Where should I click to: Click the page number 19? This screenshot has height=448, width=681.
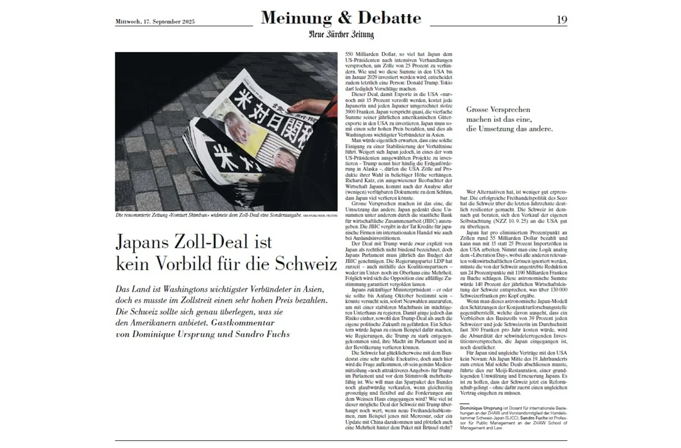click(562, 20)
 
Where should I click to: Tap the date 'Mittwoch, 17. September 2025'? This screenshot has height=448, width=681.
click(155, 22)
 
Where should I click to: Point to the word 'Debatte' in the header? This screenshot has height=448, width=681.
click(389, 19)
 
